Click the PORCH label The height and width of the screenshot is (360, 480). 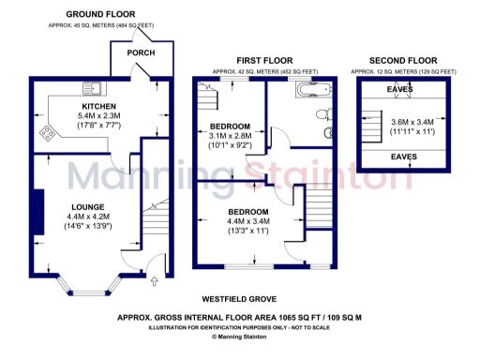click(141, 52)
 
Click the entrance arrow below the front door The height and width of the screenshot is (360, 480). click(155, 278)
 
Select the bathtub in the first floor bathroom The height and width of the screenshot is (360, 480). click(308, 90)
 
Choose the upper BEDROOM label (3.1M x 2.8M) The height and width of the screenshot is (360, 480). click(230, 126)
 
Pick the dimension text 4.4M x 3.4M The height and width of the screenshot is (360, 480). click(248, 222)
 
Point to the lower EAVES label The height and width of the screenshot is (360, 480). click(404, 157)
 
